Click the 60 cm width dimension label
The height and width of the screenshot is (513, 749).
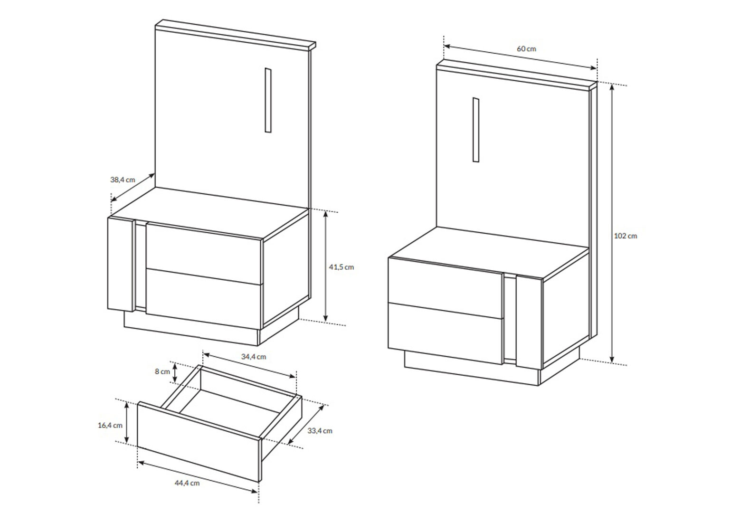[x=526, y=49]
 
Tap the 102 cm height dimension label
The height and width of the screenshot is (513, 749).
[x=626, y=236]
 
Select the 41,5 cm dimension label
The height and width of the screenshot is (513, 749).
[x=341, y=267]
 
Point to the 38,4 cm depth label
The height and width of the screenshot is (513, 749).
[x=123, y=180]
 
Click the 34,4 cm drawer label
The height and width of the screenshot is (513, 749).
[x=254, y=357]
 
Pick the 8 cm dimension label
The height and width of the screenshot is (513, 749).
[x=162, y=371]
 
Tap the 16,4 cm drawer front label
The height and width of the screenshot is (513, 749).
[x=110, y=426]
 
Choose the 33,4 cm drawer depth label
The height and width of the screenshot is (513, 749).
[x=320, y=431]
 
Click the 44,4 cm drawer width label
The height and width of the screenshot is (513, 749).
[x=187, y=483]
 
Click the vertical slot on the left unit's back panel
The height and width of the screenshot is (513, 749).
[x=268, y=100]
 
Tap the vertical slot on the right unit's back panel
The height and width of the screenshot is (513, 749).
[x=476, y=130]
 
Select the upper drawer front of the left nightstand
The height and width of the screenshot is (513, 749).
[x=204, y=253]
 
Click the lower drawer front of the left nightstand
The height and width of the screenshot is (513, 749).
[x=204, y=299]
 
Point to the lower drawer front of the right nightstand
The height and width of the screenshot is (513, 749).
[x=446, y=333]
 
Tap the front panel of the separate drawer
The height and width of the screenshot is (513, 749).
[x=199, y=441]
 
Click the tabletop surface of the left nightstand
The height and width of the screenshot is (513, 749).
[x=209, y=213]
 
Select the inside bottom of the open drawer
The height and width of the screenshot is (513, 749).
[x=231, y=409]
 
